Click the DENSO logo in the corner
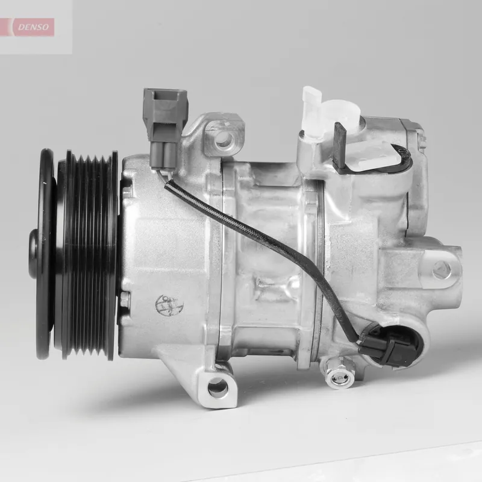(x=35, y=27)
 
